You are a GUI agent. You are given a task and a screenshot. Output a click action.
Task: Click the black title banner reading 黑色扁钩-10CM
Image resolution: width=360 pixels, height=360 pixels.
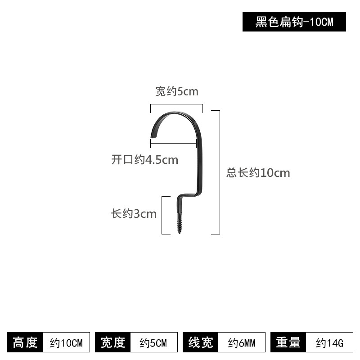294,22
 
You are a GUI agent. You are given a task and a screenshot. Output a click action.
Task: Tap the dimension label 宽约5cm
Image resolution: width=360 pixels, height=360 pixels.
177,91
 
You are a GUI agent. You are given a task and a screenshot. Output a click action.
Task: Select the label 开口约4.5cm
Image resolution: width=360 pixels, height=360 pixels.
144,160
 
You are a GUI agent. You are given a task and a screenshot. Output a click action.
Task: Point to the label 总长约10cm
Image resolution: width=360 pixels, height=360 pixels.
258,173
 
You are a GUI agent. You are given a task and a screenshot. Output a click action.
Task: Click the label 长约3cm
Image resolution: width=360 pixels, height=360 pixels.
134,213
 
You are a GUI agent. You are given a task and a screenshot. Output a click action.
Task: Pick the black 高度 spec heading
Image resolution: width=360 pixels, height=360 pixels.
25,342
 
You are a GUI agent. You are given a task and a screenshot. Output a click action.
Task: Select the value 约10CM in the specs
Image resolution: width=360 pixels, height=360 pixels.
66,343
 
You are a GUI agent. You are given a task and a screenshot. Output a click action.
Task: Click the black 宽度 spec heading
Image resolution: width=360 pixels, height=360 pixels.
113,342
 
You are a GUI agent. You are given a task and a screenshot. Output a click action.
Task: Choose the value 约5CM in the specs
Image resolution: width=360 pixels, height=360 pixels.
153,343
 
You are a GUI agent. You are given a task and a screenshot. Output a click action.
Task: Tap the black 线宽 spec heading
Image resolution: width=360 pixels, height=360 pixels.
200,342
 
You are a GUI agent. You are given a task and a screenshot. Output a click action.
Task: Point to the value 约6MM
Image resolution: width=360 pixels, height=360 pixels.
242,343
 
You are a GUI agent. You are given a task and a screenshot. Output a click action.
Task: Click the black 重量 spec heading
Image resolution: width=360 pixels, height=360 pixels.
288,342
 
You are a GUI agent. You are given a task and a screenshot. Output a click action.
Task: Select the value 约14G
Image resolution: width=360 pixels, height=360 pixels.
329,343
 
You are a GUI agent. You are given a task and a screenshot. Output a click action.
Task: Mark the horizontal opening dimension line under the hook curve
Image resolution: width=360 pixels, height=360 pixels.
173,144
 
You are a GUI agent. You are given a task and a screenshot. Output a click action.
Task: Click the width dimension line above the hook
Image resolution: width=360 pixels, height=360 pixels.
176,104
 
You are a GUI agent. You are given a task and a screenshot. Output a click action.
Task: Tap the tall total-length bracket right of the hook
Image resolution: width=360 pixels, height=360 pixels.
220,172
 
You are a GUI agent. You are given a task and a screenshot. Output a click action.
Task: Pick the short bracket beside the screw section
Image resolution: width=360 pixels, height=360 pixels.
162,216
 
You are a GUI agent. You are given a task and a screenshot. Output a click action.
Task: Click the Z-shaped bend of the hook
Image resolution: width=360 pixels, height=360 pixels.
187,196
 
